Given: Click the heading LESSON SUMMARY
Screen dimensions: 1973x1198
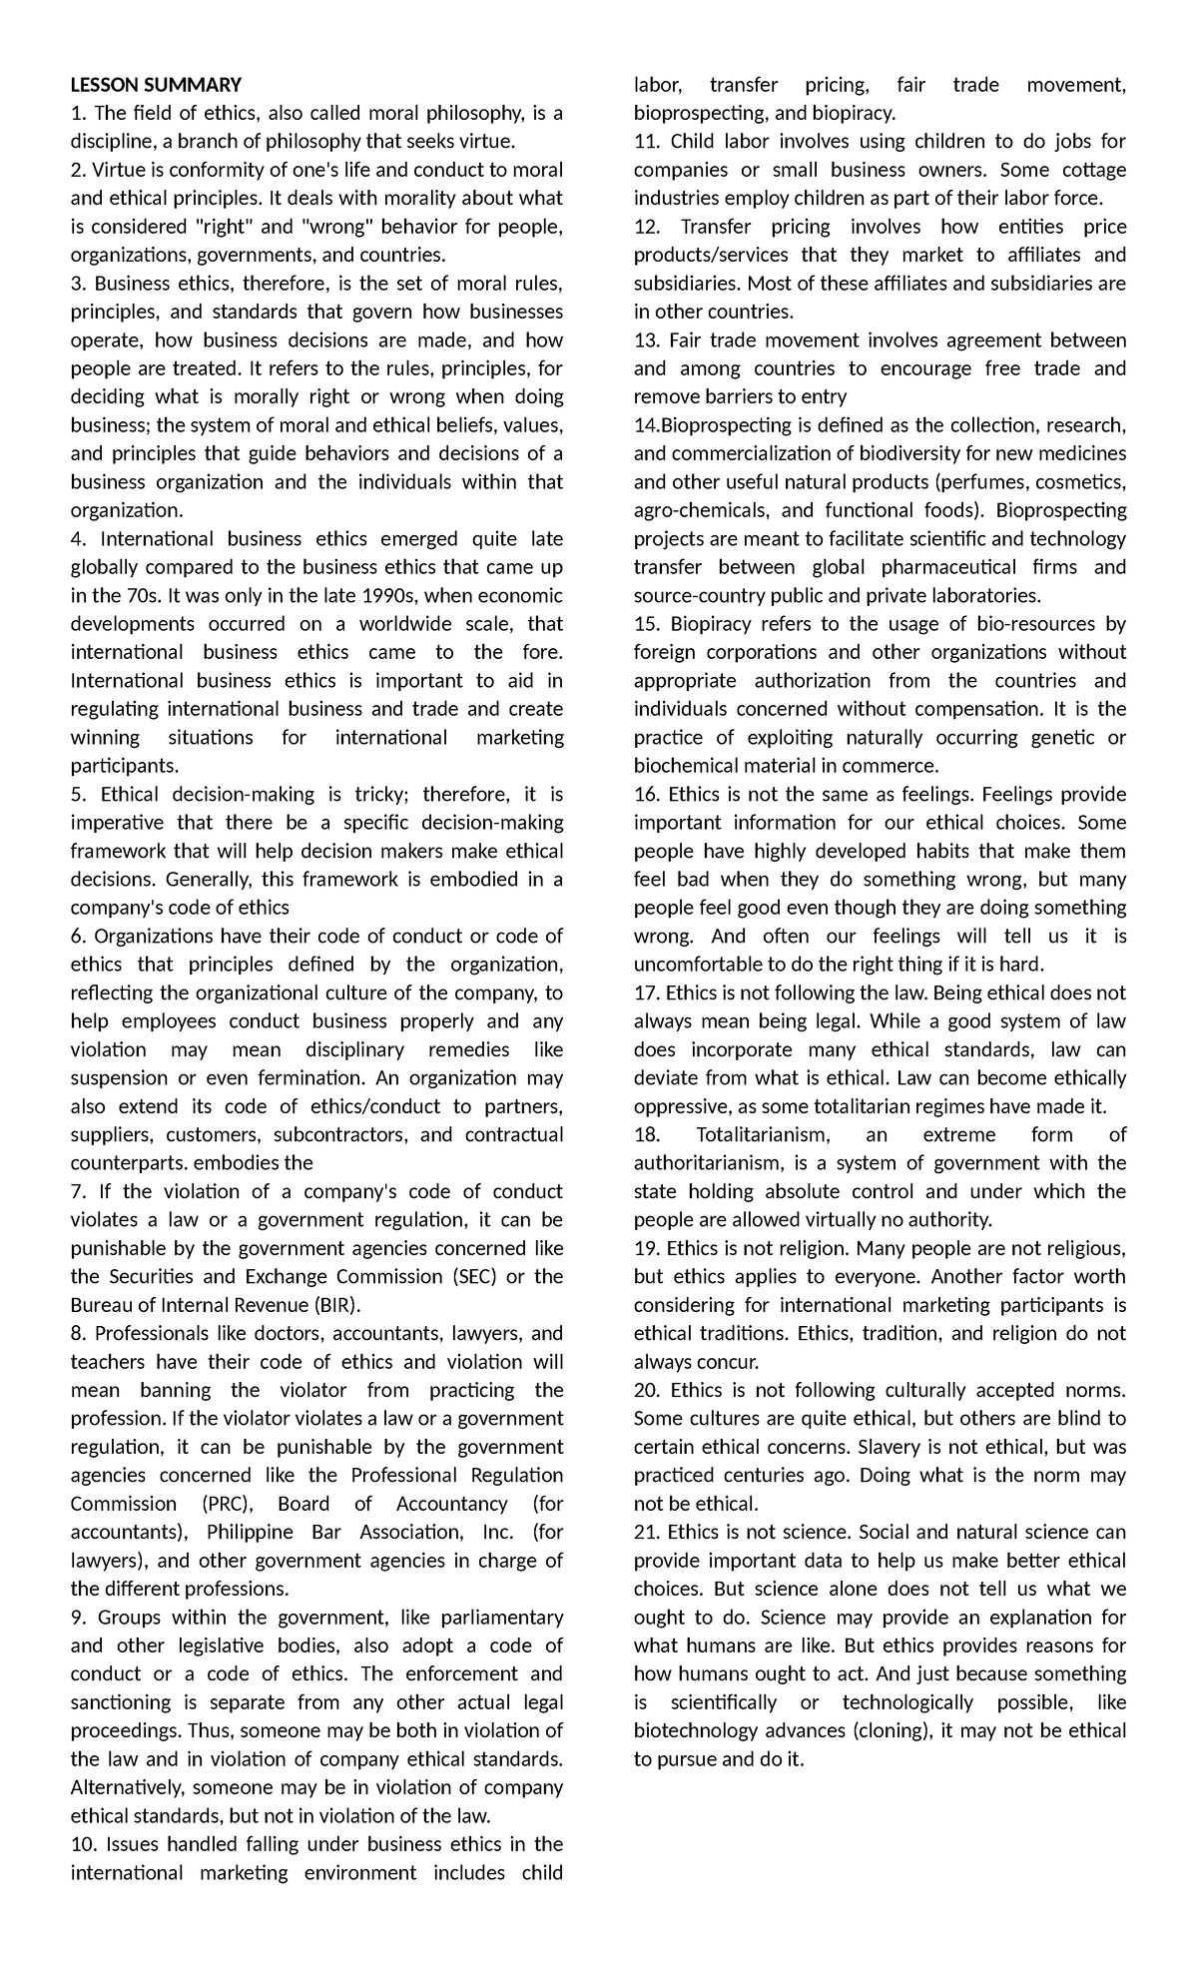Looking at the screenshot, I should pyautogui.click(x=156, y=85).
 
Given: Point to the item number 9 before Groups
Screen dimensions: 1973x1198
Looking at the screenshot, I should pyautogui.click(x=77, y=1618).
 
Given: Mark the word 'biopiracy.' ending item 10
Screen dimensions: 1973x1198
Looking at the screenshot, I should pyautogui.click(x=854, y=113).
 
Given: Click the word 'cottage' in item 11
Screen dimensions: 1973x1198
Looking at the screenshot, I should pyautogui.click(x=1090, y=170).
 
